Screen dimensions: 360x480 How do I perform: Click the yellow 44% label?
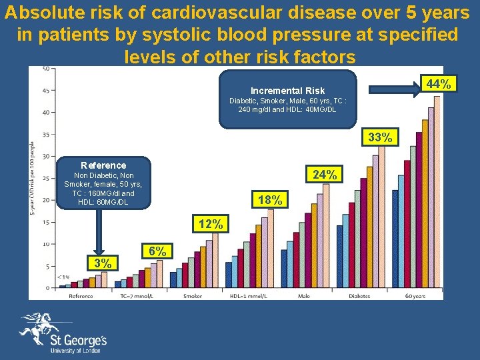click(x=439, y=83)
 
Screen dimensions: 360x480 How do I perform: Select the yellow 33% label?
click(x=380, y=137)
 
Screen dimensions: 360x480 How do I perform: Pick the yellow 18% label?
click(x=270, y=199)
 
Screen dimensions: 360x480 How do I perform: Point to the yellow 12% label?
click(x=211, y=224)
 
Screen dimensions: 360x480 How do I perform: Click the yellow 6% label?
click(x=158, y=251)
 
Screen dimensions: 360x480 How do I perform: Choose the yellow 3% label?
click(x=104, y=263)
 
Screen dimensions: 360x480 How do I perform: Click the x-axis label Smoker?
click(x=192, y=295)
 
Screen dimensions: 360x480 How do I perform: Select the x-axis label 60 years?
click(x=415, y=295)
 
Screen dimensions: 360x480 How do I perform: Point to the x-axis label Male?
click(x=303, y=295)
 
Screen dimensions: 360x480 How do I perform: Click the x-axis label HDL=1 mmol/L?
click(x=247, y=295)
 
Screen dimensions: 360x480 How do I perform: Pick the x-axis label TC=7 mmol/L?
click(x=137, y=295)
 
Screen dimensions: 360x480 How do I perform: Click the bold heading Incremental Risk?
click(x=287, y=91)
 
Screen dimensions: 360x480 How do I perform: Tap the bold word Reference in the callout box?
click(x=103, y=165)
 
